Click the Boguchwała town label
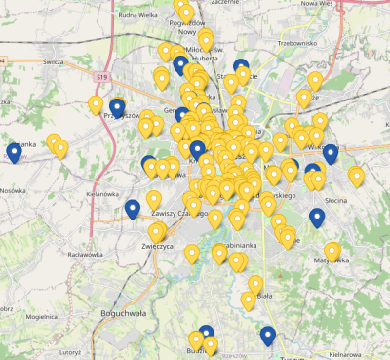pyautogui.click(x=123, y=313)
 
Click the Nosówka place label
pyautogui.click(x=14, y=191)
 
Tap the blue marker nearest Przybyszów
pyautogui.click(x=118, y=107)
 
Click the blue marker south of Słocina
pyautogui.click(x=317, y=218)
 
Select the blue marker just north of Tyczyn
pyautogui.click(x=268, y=337)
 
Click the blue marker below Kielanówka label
pyautogui.click(x=132, y=209)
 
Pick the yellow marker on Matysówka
pyautogui.click(x=332, y=253)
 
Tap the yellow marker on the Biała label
pyautogui.click(x=255, y=286)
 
